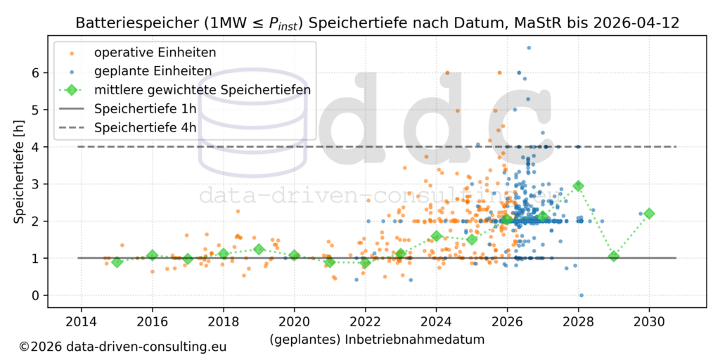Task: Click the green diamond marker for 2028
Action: (x=578, y=186)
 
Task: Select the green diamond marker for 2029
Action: (x=614, y=256)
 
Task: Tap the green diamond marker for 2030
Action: (x=649, y=213)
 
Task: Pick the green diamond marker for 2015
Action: (x=117, y=262)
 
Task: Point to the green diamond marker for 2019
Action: (x=259, y=249)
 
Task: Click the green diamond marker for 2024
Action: (x=436, y=236)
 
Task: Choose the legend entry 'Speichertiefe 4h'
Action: (x=145, y=128)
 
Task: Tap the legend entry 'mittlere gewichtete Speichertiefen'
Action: (x=202, y=90)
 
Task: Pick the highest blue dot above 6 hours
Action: (x=529, y=48)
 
